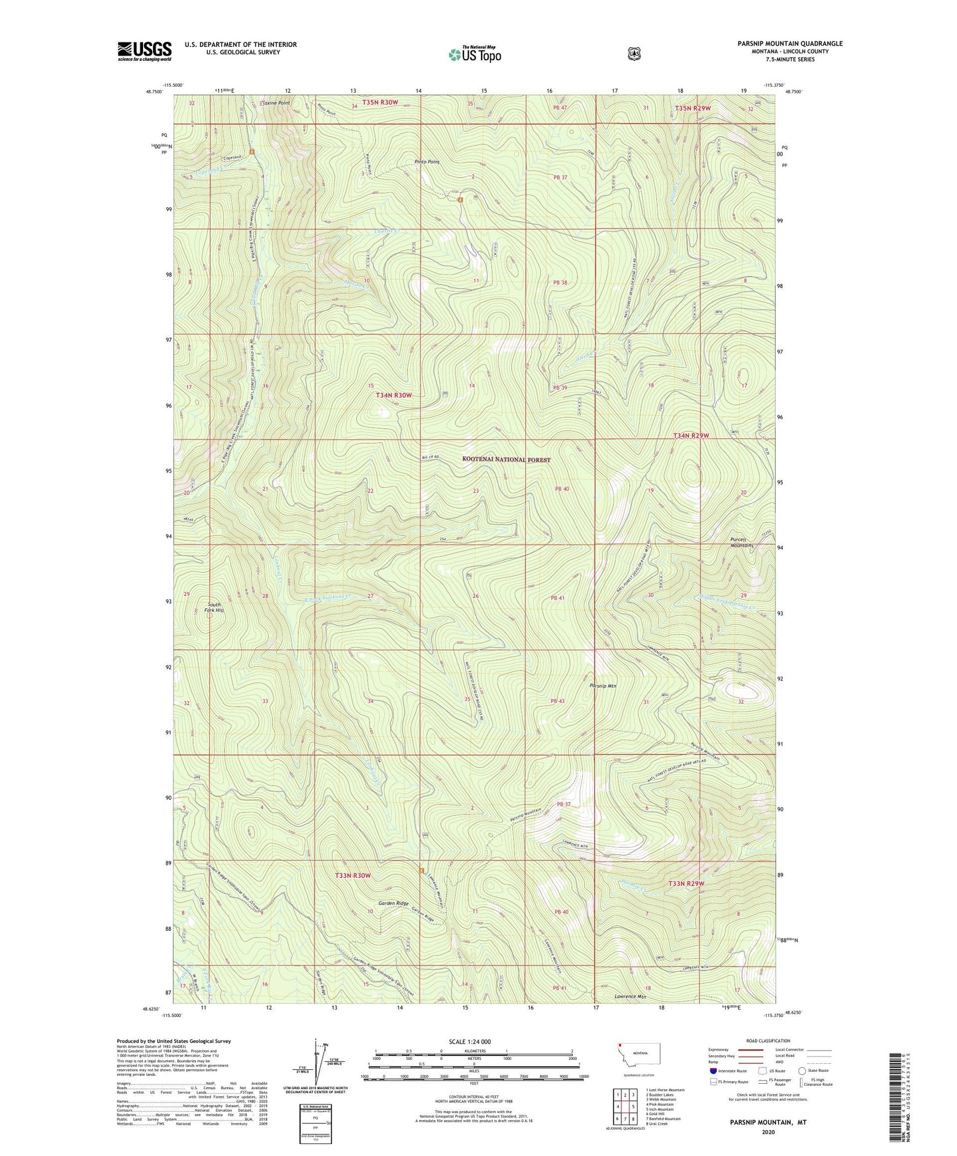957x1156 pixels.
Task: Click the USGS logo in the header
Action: pyautogui.click(x=144, y=51)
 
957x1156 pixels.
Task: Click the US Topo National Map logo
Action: pyautogui.click(x=474, y=54)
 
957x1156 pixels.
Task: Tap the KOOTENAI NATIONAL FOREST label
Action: pyautogui.click(x=506, y=459)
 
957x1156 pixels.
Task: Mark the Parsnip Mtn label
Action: pyautogui.click(x=603, y=686)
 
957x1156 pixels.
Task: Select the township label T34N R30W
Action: pyautogui.click(x=394, y=395)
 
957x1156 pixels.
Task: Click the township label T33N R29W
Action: pyautogui.click(x=686, y=884)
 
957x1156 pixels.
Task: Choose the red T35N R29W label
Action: pyautogui.click(x=693, y=108)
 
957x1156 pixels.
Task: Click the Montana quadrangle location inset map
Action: pyautogui.click(x=638, y=1071)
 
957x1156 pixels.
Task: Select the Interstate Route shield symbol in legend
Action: pyautogui.click(x=713, y=1071)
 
